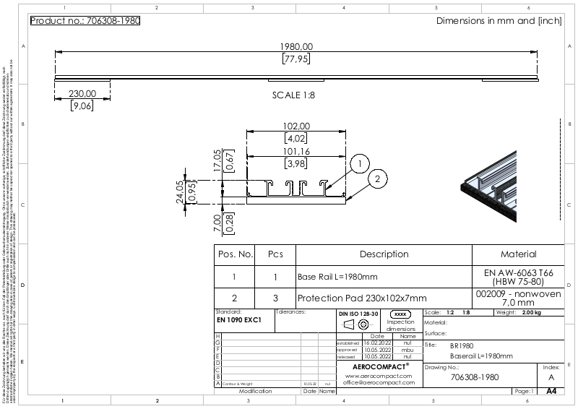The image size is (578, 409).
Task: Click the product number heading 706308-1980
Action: (x=85, y=20)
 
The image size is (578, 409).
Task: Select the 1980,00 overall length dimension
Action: (x=296, y=46)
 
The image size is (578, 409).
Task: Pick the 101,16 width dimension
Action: (x=297, y=152)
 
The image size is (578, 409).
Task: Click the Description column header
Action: (x=384, y=254)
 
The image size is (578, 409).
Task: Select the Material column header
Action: (x=518, y=254)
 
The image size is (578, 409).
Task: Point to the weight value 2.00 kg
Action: (x=531, y=313)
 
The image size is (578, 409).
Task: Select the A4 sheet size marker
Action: (x=551, y=391)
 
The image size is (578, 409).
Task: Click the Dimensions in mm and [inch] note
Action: (x=499, y=21)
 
